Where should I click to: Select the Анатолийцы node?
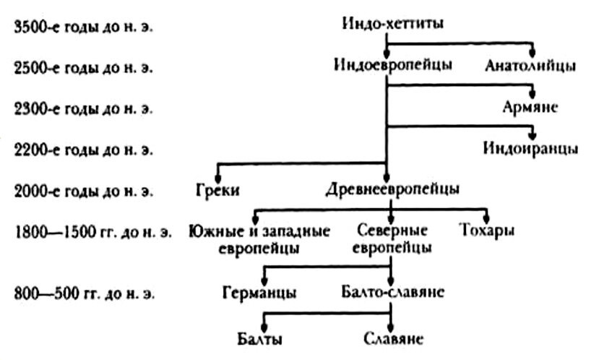click(531, 67)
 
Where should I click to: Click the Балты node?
click(259, 338)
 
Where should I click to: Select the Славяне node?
click(392, 338)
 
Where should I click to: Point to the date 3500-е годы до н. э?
click(84, 27)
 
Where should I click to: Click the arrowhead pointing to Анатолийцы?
click(533, 52)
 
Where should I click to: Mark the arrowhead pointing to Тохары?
click(486, 219)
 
